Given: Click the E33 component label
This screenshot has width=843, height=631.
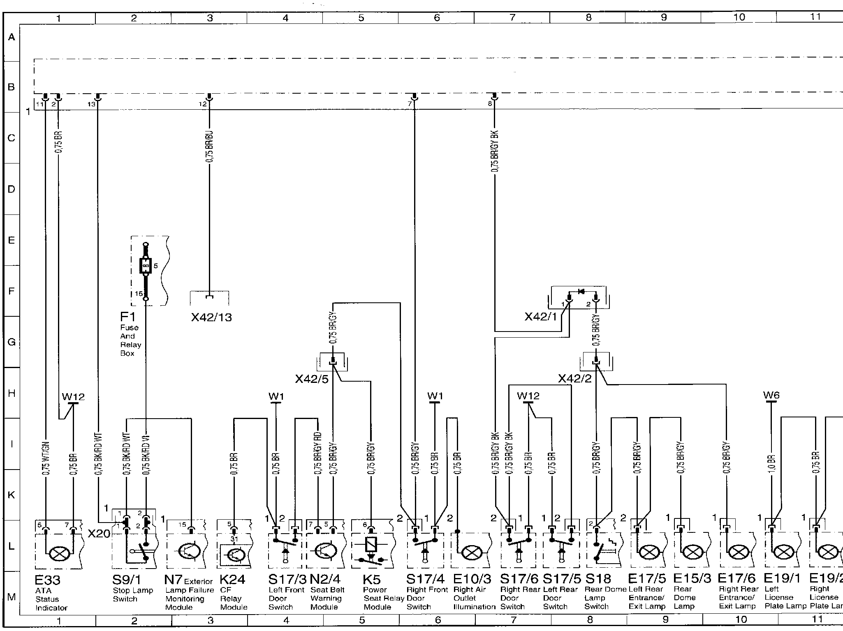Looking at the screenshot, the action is pos(47,580).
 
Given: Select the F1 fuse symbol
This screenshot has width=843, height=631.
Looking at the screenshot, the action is pos(145,266).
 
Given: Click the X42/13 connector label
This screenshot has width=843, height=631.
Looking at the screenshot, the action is pos(211,317).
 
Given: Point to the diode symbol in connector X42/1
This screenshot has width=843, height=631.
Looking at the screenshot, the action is pos(581,292).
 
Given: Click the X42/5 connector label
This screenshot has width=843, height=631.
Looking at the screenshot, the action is pos(312,379).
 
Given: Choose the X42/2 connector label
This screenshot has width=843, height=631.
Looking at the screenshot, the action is pos(574,378).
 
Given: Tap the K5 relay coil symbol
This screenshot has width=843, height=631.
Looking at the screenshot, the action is pos(371,545).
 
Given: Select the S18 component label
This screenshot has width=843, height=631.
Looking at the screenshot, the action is pos(598,579).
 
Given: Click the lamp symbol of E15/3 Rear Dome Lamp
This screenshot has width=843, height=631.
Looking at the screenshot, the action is pos(693,553).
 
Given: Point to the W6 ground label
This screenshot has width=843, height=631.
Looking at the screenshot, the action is pos(771,395).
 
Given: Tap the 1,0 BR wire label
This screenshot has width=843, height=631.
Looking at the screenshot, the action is pos(771,463).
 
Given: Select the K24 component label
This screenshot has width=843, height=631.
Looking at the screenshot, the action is pos(232,579).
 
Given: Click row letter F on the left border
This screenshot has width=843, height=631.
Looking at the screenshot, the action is pos(12,291).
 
